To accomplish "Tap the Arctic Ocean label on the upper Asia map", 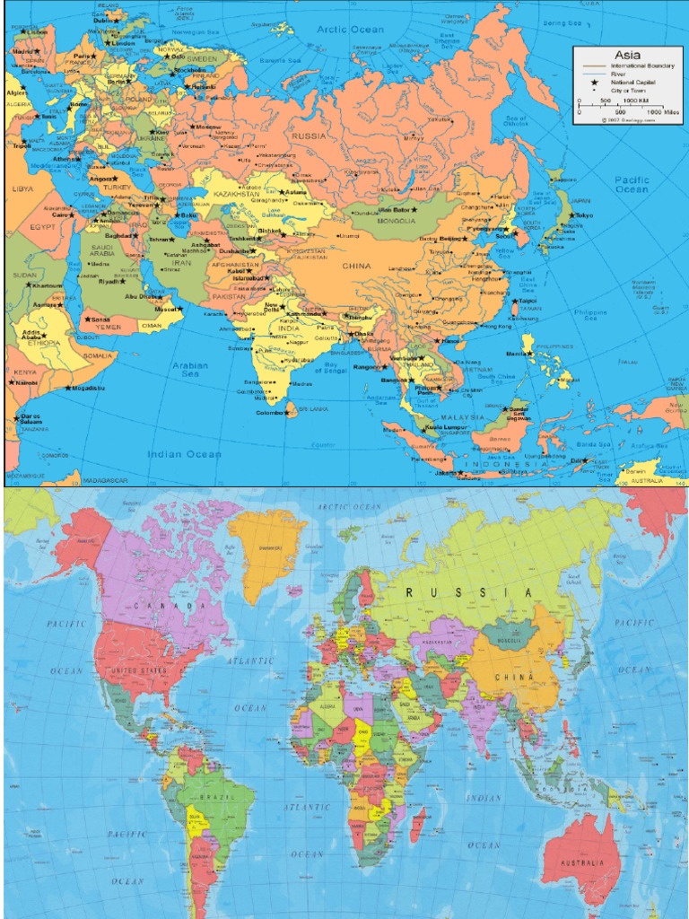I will (350, 30).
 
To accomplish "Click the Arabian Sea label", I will (190, 370).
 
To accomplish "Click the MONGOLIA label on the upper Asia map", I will (396, 221).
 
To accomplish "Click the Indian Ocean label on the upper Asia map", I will (184, 454).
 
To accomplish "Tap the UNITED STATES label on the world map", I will (137, 670).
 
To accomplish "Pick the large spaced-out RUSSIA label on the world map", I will (468, 592).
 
